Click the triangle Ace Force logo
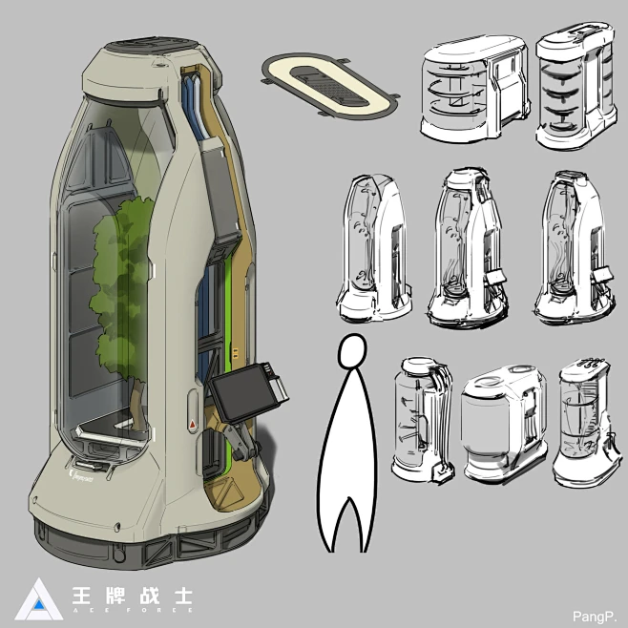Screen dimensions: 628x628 [34, 597]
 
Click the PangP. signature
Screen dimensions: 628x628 [599, 614]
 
